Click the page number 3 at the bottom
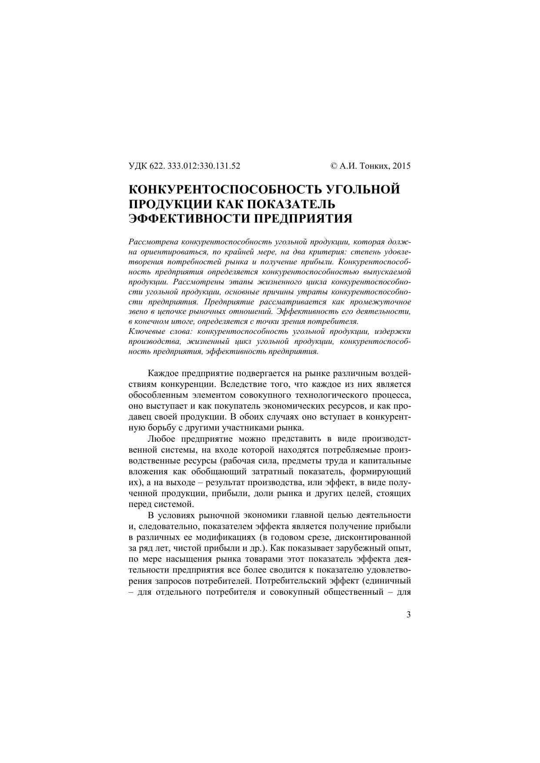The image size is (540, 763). click(x=408, y=614)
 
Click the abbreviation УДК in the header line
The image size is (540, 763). click(x=138, y=166)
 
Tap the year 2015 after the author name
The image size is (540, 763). click(x=402, y=166)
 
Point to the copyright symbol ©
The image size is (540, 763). click(x=334, y=166)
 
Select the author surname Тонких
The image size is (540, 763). click(x=376, y=166)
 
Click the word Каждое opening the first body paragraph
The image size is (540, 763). click(x=163, y=373)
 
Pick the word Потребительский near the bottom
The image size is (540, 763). click(x=286, y=580)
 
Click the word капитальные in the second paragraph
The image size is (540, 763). click(x=387, y=460)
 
